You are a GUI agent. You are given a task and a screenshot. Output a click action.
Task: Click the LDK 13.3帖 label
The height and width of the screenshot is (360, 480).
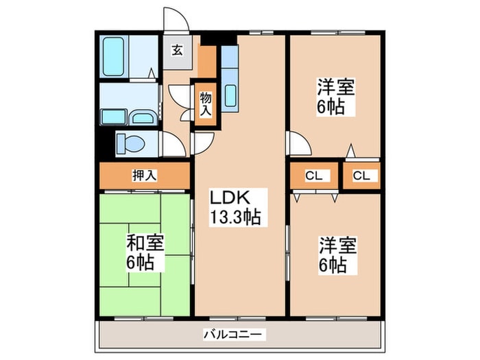click(x=235, y=208)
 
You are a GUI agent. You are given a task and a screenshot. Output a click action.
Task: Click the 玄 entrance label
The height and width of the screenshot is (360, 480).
click(x=177, y=50)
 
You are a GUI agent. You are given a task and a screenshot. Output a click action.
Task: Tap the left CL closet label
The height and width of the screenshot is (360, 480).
click(x=313, y=176)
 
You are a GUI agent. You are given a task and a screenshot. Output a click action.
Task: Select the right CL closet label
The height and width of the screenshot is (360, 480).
click(x=361, y=176)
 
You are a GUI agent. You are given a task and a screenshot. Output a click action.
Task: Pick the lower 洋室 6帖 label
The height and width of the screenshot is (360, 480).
click(x=335, y=254)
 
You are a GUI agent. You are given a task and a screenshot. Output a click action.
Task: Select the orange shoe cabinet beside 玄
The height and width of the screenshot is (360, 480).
click(x=206, y=61)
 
